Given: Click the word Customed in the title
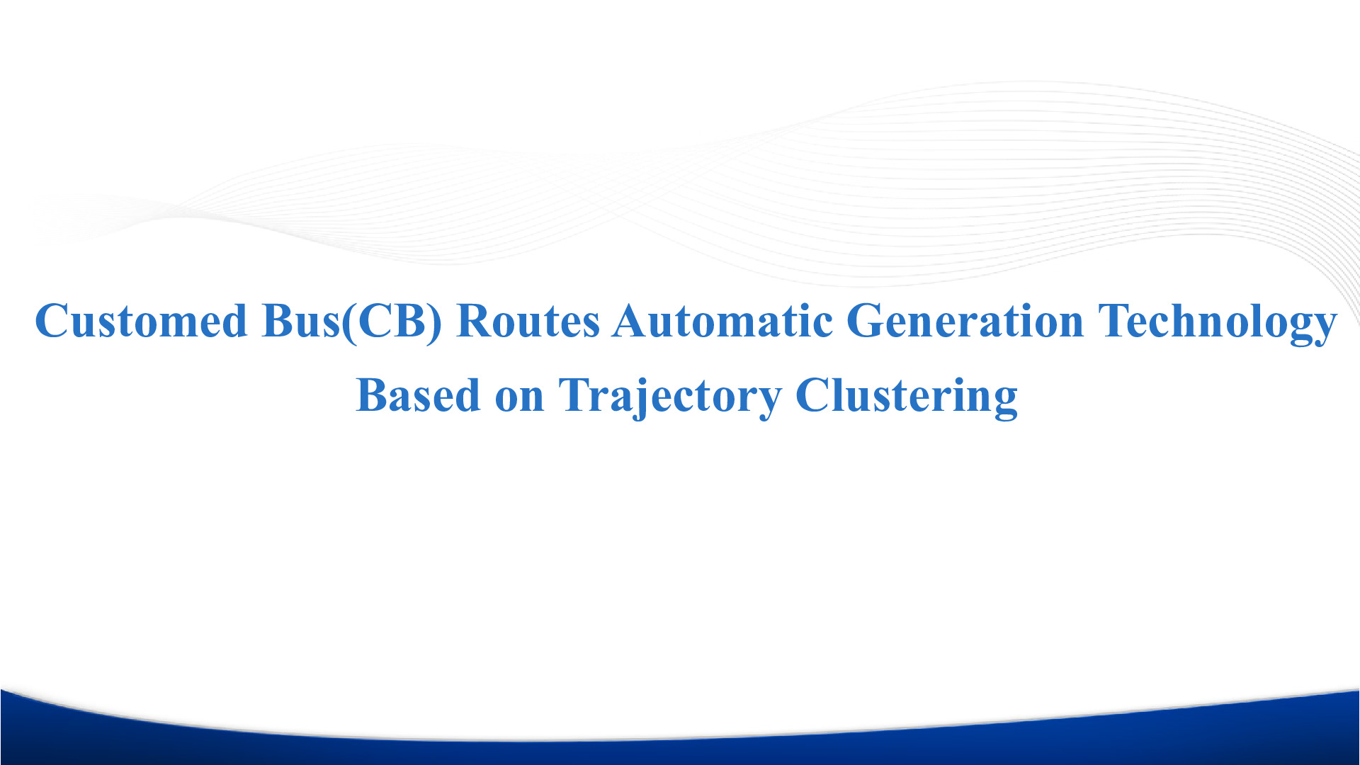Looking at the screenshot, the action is (141, 321).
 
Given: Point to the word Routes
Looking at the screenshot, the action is (528, 321).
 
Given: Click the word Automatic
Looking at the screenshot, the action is (723, 321).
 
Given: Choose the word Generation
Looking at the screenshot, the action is (965, 321).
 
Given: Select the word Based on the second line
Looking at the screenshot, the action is (418, 395).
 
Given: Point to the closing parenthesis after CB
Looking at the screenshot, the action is (435, 323).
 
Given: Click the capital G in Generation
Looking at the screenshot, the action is (866, 322).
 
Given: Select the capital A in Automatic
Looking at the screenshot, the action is (633, 321).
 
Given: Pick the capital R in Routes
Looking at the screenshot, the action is (477, 322).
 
